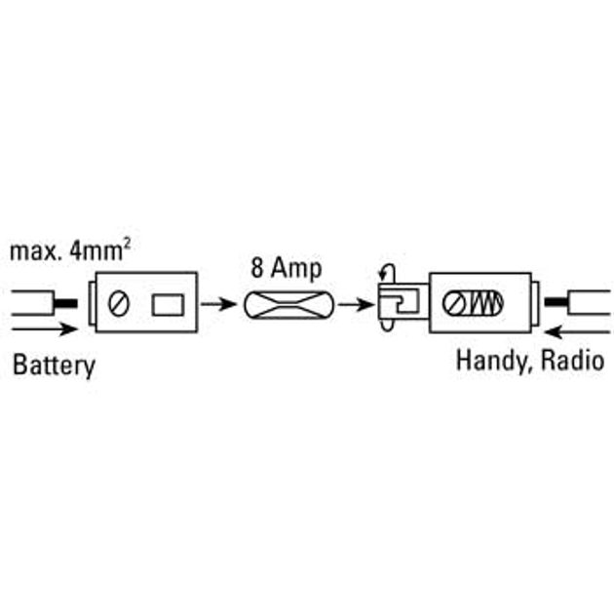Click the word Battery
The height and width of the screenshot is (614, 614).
[54, 366]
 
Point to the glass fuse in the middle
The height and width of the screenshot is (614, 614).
[290, 305]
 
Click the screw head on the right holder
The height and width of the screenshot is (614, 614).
[454, 304]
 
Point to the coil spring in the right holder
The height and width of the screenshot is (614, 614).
[484, 304]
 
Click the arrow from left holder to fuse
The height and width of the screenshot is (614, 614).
[219, 304]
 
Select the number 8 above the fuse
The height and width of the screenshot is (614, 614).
[258, 265]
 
